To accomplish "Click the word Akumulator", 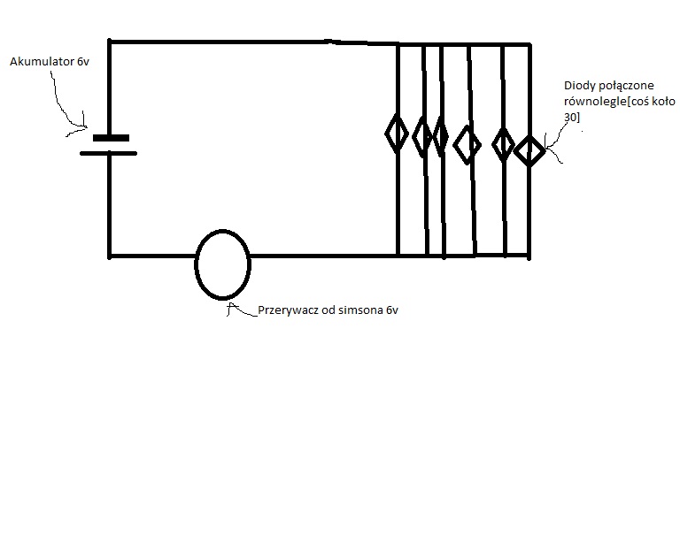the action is point(42,62).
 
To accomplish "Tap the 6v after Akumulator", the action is point(83,62).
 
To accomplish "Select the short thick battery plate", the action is point(111,138).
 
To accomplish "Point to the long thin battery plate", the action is point(108,153).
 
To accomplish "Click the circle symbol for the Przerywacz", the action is point(196,264).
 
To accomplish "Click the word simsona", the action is point(361,310).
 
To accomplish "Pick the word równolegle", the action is point(595,102).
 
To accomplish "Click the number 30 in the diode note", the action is point(570,117).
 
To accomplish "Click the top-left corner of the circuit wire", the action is point(109,42).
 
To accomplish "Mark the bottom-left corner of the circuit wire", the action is point(109,256).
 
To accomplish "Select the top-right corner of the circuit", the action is point(529,44).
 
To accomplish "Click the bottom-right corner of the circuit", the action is point(529,256).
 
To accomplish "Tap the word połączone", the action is point(626,86).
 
